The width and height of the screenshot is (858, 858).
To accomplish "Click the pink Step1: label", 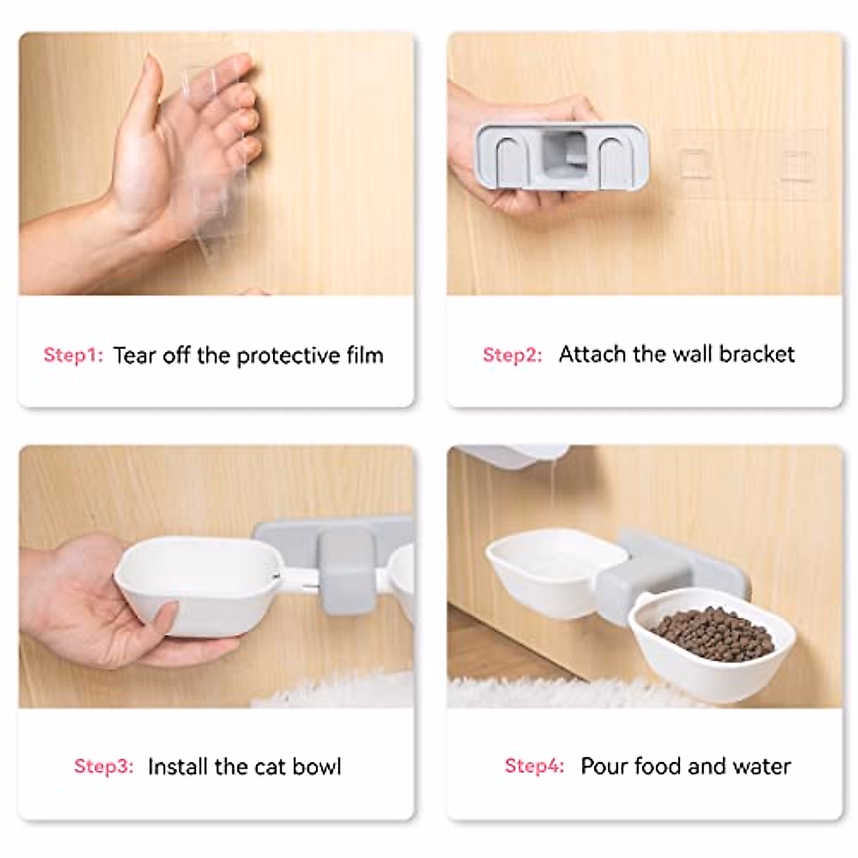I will [73, 355].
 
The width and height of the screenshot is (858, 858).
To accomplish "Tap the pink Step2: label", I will [512, 355].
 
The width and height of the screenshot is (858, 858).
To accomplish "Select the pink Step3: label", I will [104, 766].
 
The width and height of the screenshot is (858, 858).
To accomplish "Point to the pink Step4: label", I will [534, 766].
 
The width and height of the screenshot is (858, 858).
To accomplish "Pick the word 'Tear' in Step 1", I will [135, 355].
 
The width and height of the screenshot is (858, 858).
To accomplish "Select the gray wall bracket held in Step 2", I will [562, 156].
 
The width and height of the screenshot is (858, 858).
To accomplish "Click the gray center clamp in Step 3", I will [347, 572].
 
